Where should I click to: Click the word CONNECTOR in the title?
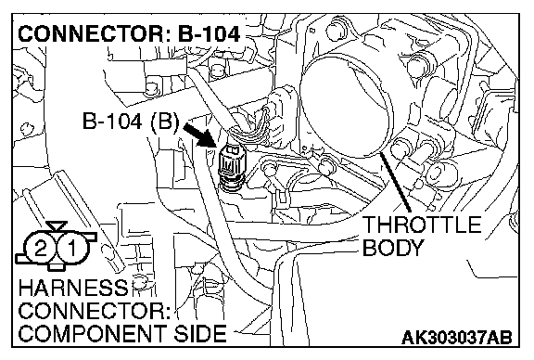point(90,34)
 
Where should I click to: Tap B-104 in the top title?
point(210,34)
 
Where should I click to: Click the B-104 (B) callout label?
point(131,121)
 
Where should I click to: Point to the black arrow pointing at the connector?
point(199,135)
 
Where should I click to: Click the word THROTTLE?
point(422,225)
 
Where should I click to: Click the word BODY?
point(393,248)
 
